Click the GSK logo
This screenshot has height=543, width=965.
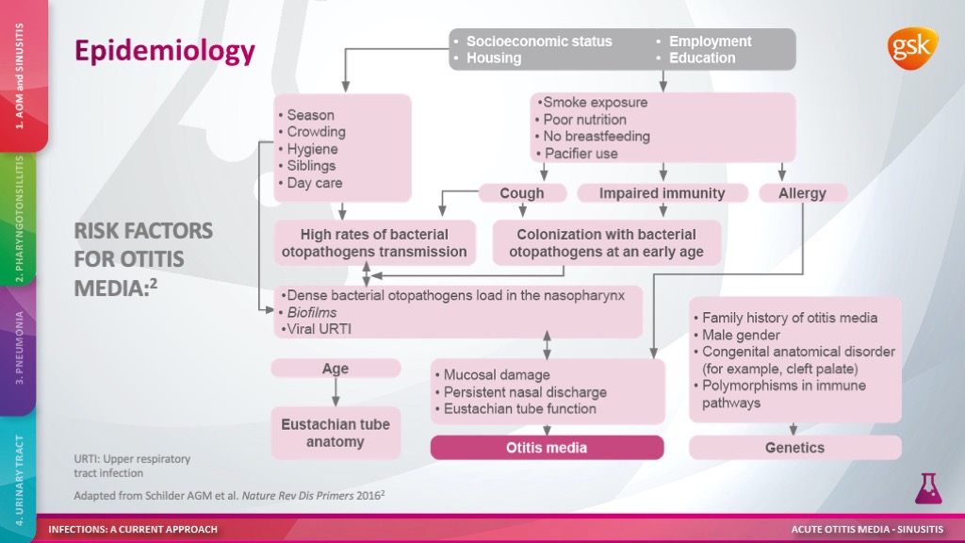point(912,49)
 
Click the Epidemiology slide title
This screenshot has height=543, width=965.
point(165,51)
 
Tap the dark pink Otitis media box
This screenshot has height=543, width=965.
point(548,448)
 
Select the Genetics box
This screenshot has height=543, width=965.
point(795,448)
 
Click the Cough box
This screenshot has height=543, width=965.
point(522,193)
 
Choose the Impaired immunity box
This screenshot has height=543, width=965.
point(662,193)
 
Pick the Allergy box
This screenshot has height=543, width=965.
point(803,193)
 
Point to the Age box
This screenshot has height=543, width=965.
point(335,369)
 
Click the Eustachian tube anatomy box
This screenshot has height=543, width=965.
point(335,433)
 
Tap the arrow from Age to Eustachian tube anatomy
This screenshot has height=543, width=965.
point(335,391)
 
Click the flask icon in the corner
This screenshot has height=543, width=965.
point(928,489)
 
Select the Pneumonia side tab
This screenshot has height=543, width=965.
point(18,348)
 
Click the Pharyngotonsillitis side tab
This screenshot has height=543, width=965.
point(18,219)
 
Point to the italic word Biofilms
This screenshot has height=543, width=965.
point(311,312)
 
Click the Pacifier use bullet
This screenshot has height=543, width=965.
point(577,154)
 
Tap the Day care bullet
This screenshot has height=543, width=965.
point(310,183)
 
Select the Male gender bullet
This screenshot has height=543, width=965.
point(737,335)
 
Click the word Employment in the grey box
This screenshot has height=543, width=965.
point(711,41)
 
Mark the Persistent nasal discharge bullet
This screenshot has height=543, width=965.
point(520,392)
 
